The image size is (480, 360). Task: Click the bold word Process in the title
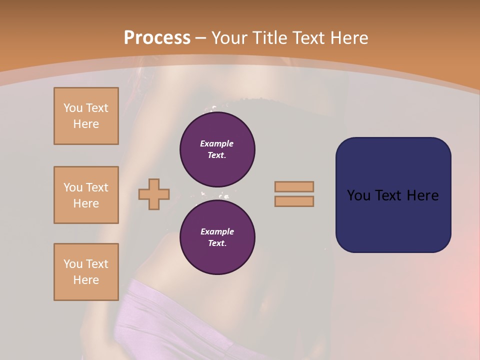(x=157, y=38)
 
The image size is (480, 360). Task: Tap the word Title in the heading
(x=268, y=38)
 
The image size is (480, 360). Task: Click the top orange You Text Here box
(x=86, y=116)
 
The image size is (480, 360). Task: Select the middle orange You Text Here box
(x=86, y=195)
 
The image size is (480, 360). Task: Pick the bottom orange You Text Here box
(x=86, y=272)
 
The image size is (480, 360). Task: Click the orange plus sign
(x=154, y=194)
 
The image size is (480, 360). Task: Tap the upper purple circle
(x=217, y=149)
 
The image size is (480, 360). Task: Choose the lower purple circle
(x=217, y=237)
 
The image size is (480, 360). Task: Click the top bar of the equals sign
(x=294, y=186)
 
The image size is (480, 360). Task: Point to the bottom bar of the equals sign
(x=294, y=201)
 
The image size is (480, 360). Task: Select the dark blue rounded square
(x=393, y=195)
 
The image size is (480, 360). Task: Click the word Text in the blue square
(x=390, y=195)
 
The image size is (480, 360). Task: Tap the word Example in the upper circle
(x=217, y=143)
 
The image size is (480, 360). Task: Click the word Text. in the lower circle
(x=217, y=243)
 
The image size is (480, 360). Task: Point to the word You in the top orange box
(x=73, y=108)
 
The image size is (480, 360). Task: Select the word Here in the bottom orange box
(x=86, y=280)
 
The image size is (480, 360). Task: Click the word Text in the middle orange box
(x=96, y=187)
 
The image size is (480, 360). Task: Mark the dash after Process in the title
(x=201, y=38)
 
